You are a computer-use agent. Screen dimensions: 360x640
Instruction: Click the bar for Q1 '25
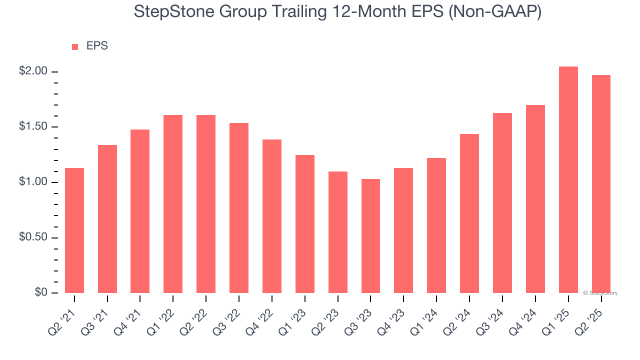tap(568, 179)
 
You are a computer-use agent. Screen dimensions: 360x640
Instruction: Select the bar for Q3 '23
tap(370, 235)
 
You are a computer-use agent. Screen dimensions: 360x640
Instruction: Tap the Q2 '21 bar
tap(74, 230)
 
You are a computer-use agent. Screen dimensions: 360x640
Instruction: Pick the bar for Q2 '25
tap(601, 183)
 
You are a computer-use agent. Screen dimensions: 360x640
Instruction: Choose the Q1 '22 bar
tap(173, 203)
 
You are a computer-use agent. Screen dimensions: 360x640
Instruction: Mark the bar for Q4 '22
tap(272, 216)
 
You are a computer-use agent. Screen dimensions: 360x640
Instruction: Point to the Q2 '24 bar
tap(469, 213)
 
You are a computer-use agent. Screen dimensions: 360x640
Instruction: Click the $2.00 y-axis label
tap(33, 71)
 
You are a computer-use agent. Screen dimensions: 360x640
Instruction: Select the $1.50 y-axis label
tap(33, 127)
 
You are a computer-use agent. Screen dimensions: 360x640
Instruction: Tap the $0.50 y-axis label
tap(33, 237)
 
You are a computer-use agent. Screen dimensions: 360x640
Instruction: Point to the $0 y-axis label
tap(40, 292)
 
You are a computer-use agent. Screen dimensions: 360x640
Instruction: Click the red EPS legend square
tap(75, 47)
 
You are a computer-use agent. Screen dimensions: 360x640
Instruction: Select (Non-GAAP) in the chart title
tap(495, 12)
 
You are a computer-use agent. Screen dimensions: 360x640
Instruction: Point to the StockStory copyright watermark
tap(600, 293)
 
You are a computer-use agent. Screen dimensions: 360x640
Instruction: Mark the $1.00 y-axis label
tap(33, 182)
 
